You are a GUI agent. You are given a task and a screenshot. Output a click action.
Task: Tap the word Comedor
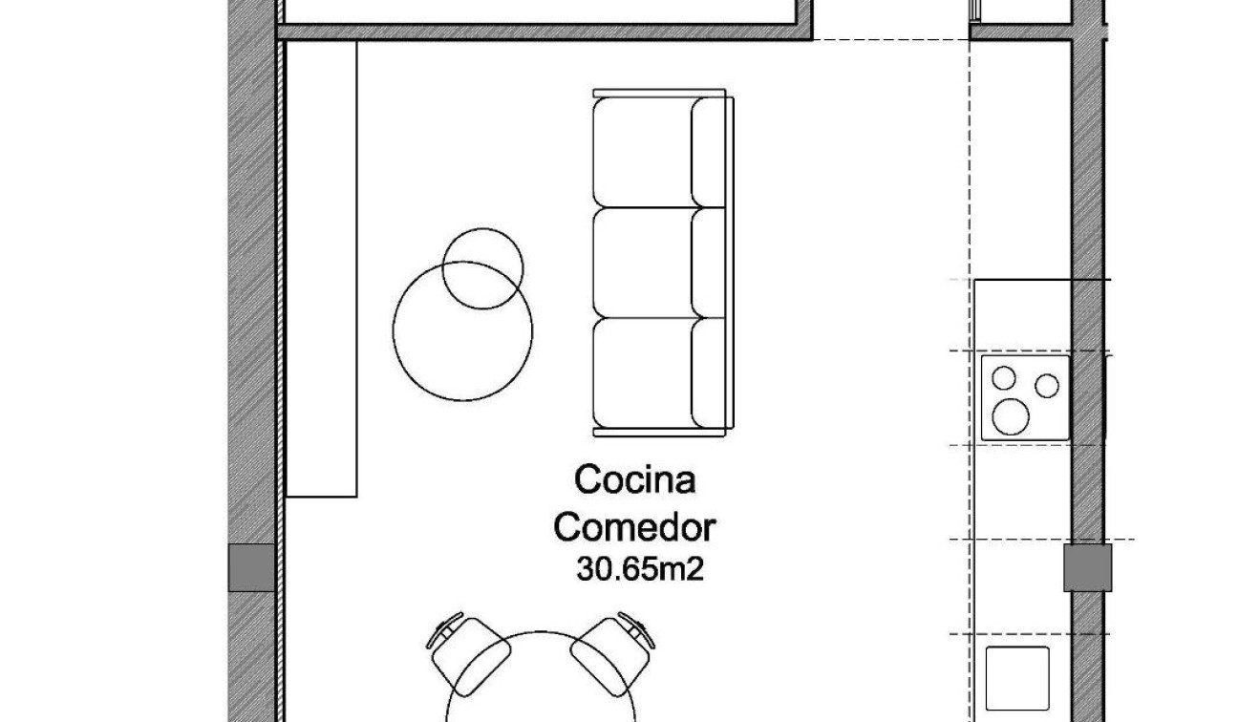(x=635, y=526)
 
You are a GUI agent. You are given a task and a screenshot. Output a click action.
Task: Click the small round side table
(x=483, y=268)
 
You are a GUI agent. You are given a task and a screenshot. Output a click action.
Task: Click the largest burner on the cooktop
(x=1011, y=415)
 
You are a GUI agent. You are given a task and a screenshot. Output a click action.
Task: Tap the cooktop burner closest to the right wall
(x=1048, y=386)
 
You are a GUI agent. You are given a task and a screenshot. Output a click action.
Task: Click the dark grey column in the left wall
(x=252, y=567)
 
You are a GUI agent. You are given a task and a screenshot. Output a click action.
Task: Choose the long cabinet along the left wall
(x=322, y=267)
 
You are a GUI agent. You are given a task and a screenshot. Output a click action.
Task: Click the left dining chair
(x=471, y=649)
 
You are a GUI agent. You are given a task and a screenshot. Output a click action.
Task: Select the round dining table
(x=542, y=688)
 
